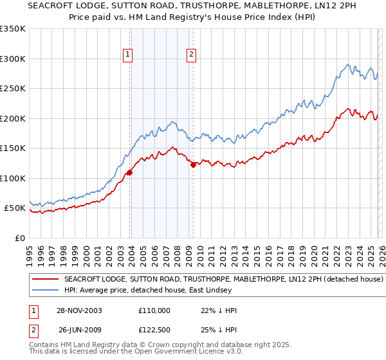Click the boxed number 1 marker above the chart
tap(129, 55)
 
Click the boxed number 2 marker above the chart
tap(192, 55)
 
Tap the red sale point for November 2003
tap(130, 172)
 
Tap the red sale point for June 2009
tap(193, 165)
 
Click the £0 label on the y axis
tap(21, 238)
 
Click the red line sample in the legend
tap(46, 280)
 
